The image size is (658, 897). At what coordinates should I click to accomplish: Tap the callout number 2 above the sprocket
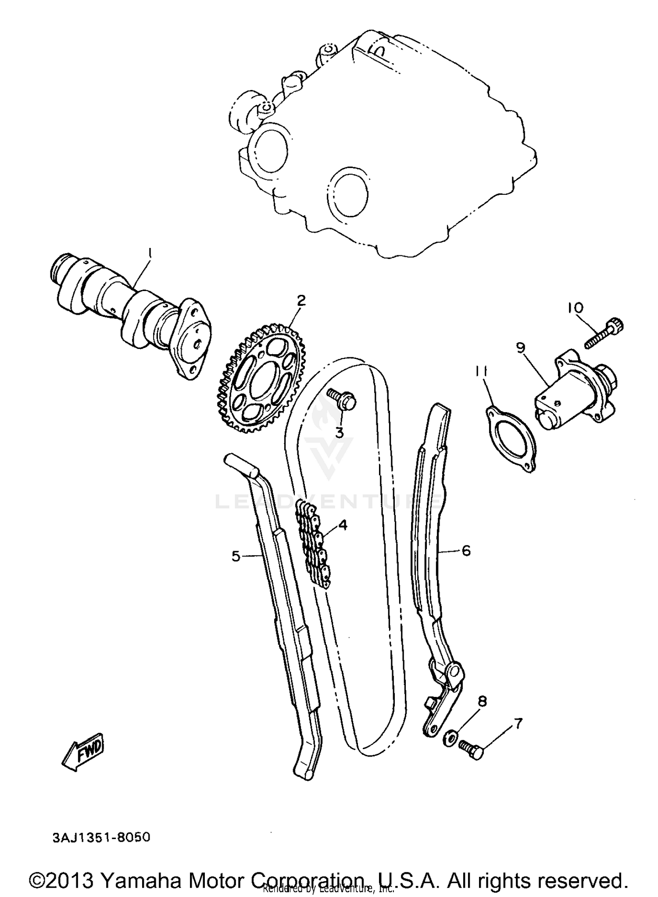click(301, 301)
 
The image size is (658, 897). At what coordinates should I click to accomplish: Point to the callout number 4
click(343, 525)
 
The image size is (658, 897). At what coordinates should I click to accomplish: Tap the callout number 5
click(236, 557)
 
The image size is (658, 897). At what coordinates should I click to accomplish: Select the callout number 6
click(466, 550)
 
